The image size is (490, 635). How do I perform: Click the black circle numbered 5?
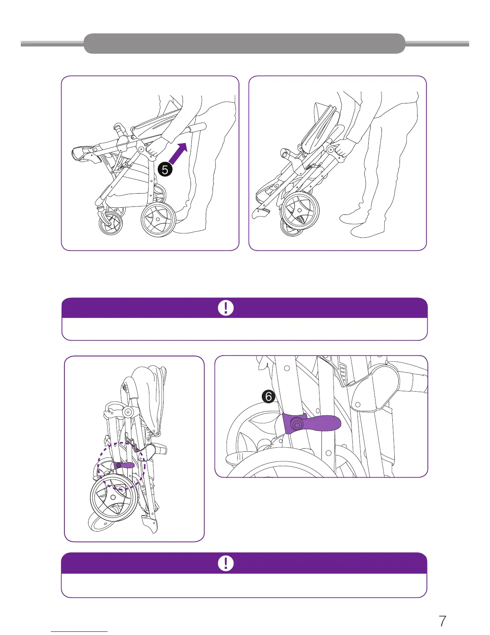(x=165, y=170)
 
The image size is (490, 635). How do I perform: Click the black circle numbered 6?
(x=269, y=396)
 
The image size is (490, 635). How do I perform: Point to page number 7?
(x=442, y=621)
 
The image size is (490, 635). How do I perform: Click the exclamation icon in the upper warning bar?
(x=225, y=308)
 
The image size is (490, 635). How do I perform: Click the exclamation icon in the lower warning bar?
(x=225, y=563)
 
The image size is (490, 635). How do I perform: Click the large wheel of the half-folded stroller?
(x=300, y=210)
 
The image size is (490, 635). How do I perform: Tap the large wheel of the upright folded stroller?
(x=113, y=497)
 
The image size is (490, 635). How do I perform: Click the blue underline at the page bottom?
(x=79, y=631)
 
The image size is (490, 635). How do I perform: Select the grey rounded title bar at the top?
(x=244, y=43)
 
